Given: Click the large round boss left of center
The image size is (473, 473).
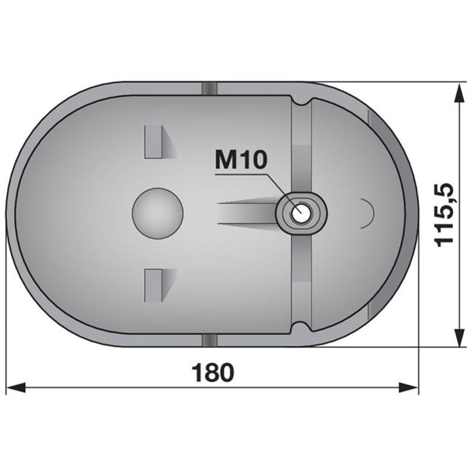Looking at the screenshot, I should click(x=157, y=213).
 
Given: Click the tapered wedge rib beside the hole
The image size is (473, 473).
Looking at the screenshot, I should click(x=248, y=213).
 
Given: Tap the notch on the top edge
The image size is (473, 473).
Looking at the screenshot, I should click(x=210, y=89).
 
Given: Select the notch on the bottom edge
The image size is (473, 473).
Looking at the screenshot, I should click(x=210, y=339).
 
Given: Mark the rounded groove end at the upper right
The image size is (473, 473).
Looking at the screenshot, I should click(x=303, y=103).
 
